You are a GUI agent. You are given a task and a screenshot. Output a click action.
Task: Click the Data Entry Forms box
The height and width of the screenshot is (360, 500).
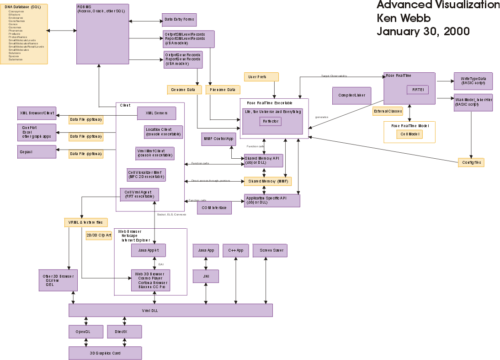[179, 20]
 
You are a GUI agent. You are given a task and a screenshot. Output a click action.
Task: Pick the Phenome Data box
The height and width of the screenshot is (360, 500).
[223, 90]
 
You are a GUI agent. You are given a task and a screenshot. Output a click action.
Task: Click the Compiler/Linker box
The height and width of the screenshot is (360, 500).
[351, 95]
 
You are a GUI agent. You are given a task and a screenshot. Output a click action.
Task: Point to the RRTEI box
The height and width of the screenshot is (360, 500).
[418, 90]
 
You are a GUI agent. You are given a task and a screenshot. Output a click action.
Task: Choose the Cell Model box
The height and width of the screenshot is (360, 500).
[410, 134]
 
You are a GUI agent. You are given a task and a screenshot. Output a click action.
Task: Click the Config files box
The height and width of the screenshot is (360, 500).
[471, 162]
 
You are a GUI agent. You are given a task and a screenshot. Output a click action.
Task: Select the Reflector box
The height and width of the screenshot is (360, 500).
[271, 121]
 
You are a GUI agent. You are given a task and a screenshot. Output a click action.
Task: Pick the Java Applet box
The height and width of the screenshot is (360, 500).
[149, 250]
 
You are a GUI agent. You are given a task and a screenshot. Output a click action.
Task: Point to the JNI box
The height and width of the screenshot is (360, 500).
[206, 276]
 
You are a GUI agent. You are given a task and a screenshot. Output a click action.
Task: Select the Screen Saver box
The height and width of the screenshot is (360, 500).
[271, 250]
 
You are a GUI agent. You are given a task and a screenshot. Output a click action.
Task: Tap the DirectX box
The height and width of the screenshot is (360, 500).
[124, 332]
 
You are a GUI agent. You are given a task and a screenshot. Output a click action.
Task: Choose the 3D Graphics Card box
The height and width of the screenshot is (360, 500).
[105, 353]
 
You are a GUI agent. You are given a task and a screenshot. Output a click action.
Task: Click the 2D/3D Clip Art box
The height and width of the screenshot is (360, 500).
[99, 236]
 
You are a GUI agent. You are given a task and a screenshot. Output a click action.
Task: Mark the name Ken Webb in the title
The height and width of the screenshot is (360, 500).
[404, 18]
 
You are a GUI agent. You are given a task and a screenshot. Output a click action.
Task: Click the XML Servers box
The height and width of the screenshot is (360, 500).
[156, 113]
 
